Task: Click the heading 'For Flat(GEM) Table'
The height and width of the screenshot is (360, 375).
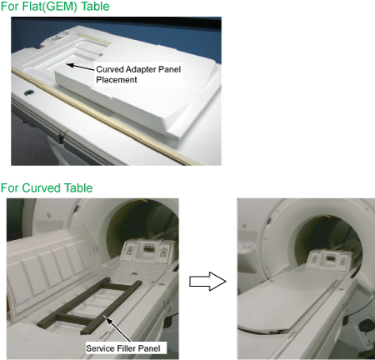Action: (x=55, y=7)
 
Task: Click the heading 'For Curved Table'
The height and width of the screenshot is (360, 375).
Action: (x=47, y=188)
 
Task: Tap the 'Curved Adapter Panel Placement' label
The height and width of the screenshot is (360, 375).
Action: (x=138, y=74)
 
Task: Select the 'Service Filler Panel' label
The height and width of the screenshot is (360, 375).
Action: (x=123, y=348)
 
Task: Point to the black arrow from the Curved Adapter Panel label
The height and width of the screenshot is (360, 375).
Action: (x=81, y=67)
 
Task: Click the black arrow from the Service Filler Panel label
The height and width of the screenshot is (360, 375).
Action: (x=118, y=329)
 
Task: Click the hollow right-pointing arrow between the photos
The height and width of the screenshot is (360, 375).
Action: (x=207, y=282)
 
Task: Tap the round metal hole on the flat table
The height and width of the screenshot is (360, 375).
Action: (x=28, y=92)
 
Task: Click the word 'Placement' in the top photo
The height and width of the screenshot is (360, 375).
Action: (x=117, y=80)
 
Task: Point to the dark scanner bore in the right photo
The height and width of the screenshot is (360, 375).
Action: (x=327, y=239)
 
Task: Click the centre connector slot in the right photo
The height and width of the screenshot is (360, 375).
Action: (x=330, y=258)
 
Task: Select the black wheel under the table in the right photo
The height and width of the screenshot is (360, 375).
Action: (x=366, y=325)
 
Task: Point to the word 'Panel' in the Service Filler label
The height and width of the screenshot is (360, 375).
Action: (x=149, y=348)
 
